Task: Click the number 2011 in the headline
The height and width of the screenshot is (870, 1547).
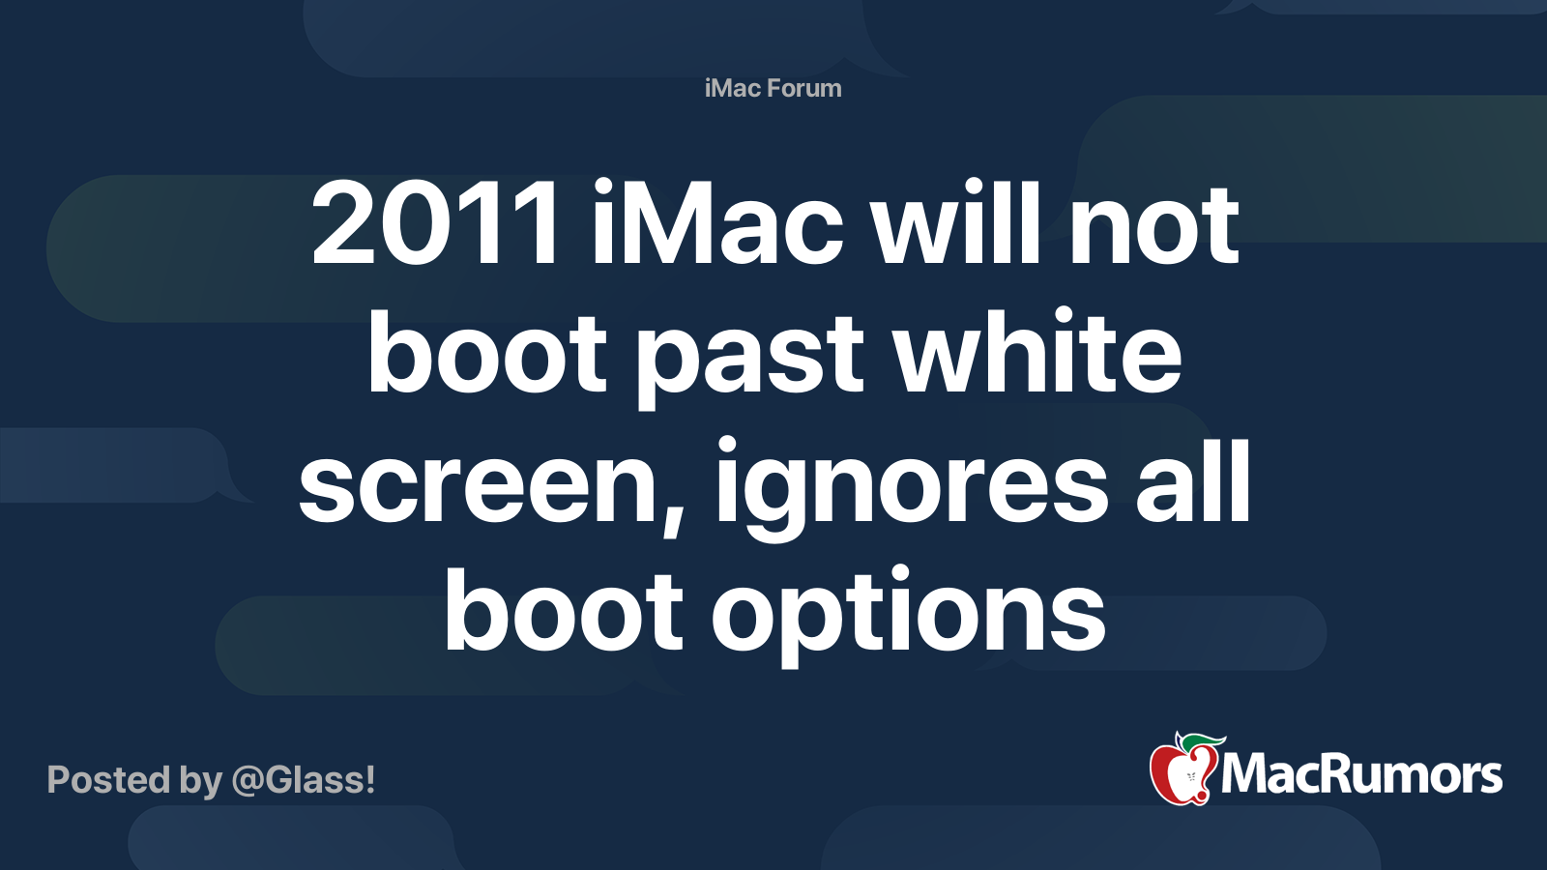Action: tap(434, 223)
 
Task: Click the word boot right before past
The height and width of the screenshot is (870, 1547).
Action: tap(486, 351)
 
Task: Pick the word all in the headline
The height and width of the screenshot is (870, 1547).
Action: tap(1193, 479)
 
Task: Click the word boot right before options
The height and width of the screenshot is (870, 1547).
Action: tap(564, 608)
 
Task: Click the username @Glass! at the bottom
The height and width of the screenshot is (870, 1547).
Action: tap(304, 780)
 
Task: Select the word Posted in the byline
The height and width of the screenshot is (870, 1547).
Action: tap(109, 780)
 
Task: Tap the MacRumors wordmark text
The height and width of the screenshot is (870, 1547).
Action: tap(1361, 773)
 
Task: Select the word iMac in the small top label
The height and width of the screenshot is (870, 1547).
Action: tap(732, 88)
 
